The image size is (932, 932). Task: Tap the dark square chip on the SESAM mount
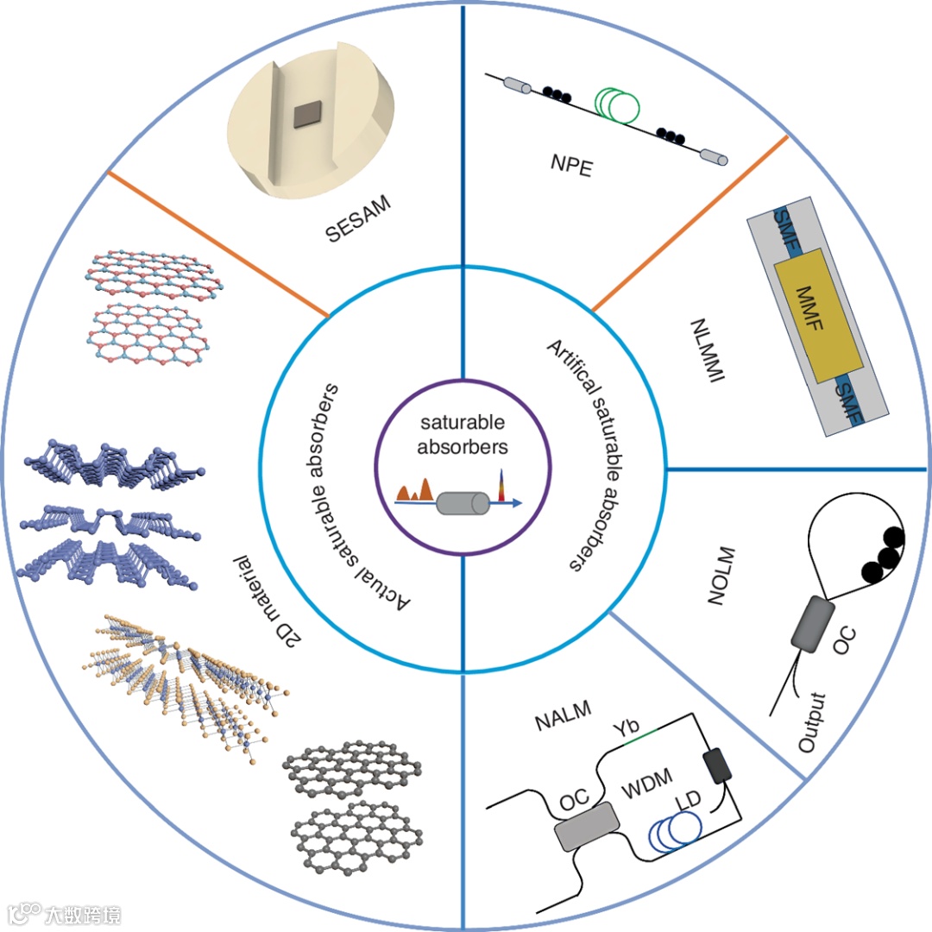point(307,113)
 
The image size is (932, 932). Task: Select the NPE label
point(571,165)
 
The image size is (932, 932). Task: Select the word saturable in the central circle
point(463,423)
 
